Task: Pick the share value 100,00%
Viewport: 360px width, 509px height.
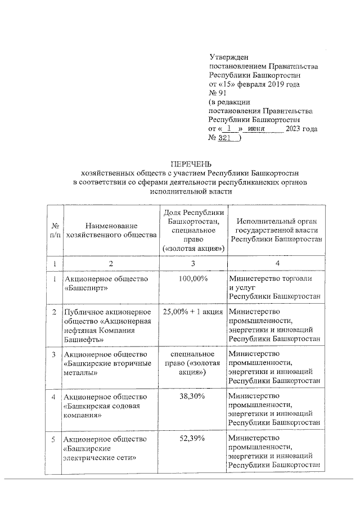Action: point(193,278)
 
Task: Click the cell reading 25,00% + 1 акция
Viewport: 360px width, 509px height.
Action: point(193,311)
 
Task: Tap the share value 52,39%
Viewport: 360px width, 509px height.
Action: point(193,439)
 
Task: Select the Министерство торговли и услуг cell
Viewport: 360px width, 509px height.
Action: point(274,287)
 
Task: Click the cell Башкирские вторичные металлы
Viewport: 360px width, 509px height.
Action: point(107,363)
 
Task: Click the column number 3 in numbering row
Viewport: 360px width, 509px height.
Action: point(193,263)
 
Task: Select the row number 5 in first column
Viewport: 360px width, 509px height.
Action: point(54,439)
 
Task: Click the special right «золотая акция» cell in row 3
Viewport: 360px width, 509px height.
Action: point(193,363)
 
